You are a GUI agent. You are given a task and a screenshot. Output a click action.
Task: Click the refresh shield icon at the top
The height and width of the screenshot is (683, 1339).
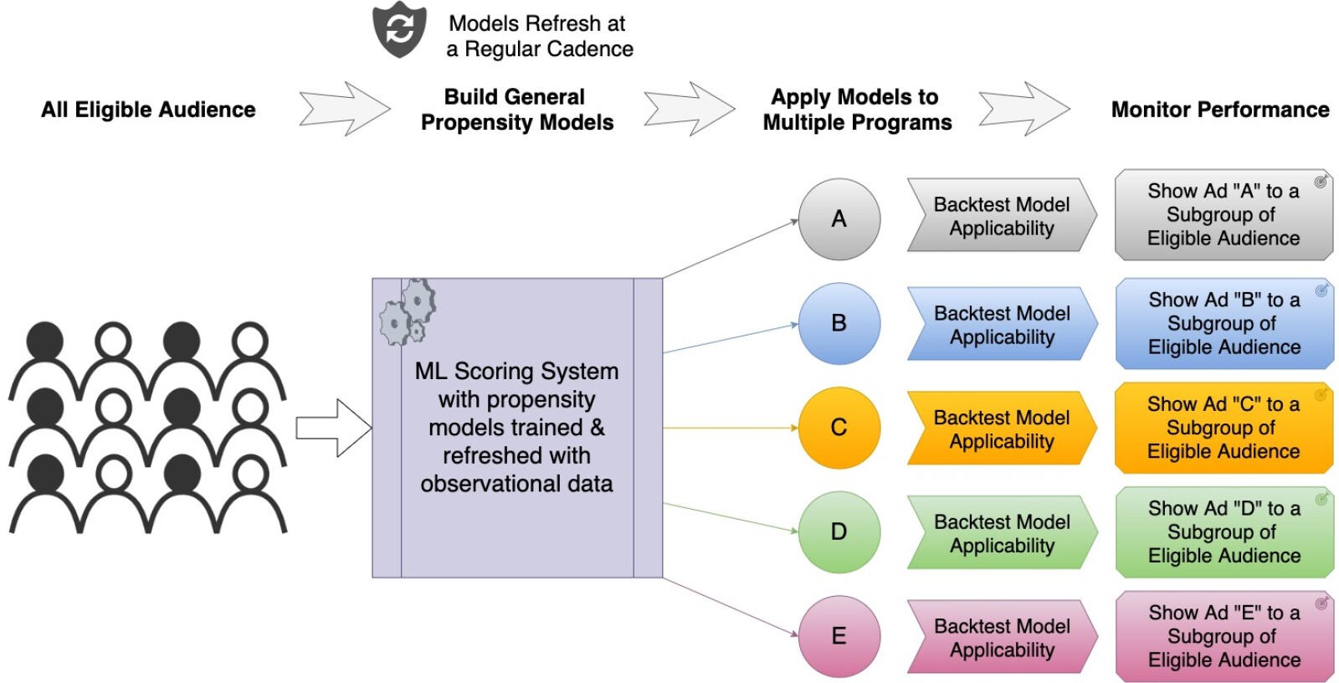pyautogui.click(x=399, y=30)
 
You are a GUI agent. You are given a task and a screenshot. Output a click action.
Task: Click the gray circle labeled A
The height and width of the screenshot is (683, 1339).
pyautogui.click(x=839, y=219)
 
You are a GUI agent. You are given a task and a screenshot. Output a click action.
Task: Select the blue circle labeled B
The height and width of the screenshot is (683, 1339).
pyautogui.click(x=839, y=323)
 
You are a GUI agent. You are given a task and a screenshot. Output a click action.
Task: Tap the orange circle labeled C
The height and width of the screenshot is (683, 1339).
pyautogui.click(x=839, y=428)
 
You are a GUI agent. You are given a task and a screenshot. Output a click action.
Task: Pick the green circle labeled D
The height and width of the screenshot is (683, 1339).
pyautogui.click(x=839, y=532)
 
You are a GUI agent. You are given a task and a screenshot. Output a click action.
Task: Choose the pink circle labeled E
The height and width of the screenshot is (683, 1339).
pyautogui.click(x=839, y=636)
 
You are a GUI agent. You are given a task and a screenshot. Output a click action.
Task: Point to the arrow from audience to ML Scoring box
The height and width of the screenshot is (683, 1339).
pyautogui.click(x=333, y=428)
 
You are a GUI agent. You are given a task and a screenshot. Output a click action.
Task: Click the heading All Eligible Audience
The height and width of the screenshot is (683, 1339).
pyautogui.click(x=148, y=110)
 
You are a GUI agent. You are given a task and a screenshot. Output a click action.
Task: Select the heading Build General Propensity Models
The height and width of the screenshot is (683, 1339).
pyautogui.click(x=516, y=110)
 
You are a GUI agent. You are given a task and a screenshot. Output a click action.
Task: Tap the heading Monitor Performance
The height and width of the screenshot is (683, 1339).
pyautogui.click(x=1219, y=110)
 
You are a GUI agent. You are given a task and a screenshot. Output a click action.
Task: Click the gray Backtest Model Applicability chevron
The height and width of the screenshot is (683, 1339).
pyautogui.click(x=1001, y=216)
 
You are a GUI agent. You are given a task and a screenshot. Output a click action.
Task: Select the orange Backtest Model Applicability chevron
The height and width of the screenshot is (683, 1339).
pyautogui.click(x=1001, y=429)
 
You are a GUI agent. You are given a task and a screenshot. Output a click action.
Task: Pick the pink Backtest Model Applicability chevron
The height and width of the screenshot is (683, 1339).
pyautogui.click(x=1001, y=637)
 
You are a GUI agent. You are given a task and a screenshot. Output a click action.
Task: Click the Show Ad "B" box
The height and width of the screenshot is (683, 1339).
pyautogui.click(x=1223, y=324)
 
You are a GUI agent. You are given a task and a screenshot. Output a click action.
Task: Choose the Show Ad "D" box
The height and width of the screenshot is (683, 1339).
pyautogui.click(x=1223, y=532)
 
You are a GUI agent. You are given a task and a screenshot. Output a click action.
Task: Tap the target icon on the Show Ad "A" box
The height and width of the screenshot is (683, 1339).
pyautogui.click(x=1320, y=182)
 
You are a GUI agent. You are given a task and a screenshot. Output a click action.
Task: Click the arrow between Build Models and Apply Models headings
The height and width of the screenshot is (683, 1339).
pyautogui.click(x=689, y=109)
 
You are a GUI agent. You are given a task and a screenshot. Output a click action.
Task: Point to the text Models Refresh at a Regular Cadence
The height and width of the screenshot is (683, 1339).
pyautogui.click(x=539, y=36)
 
